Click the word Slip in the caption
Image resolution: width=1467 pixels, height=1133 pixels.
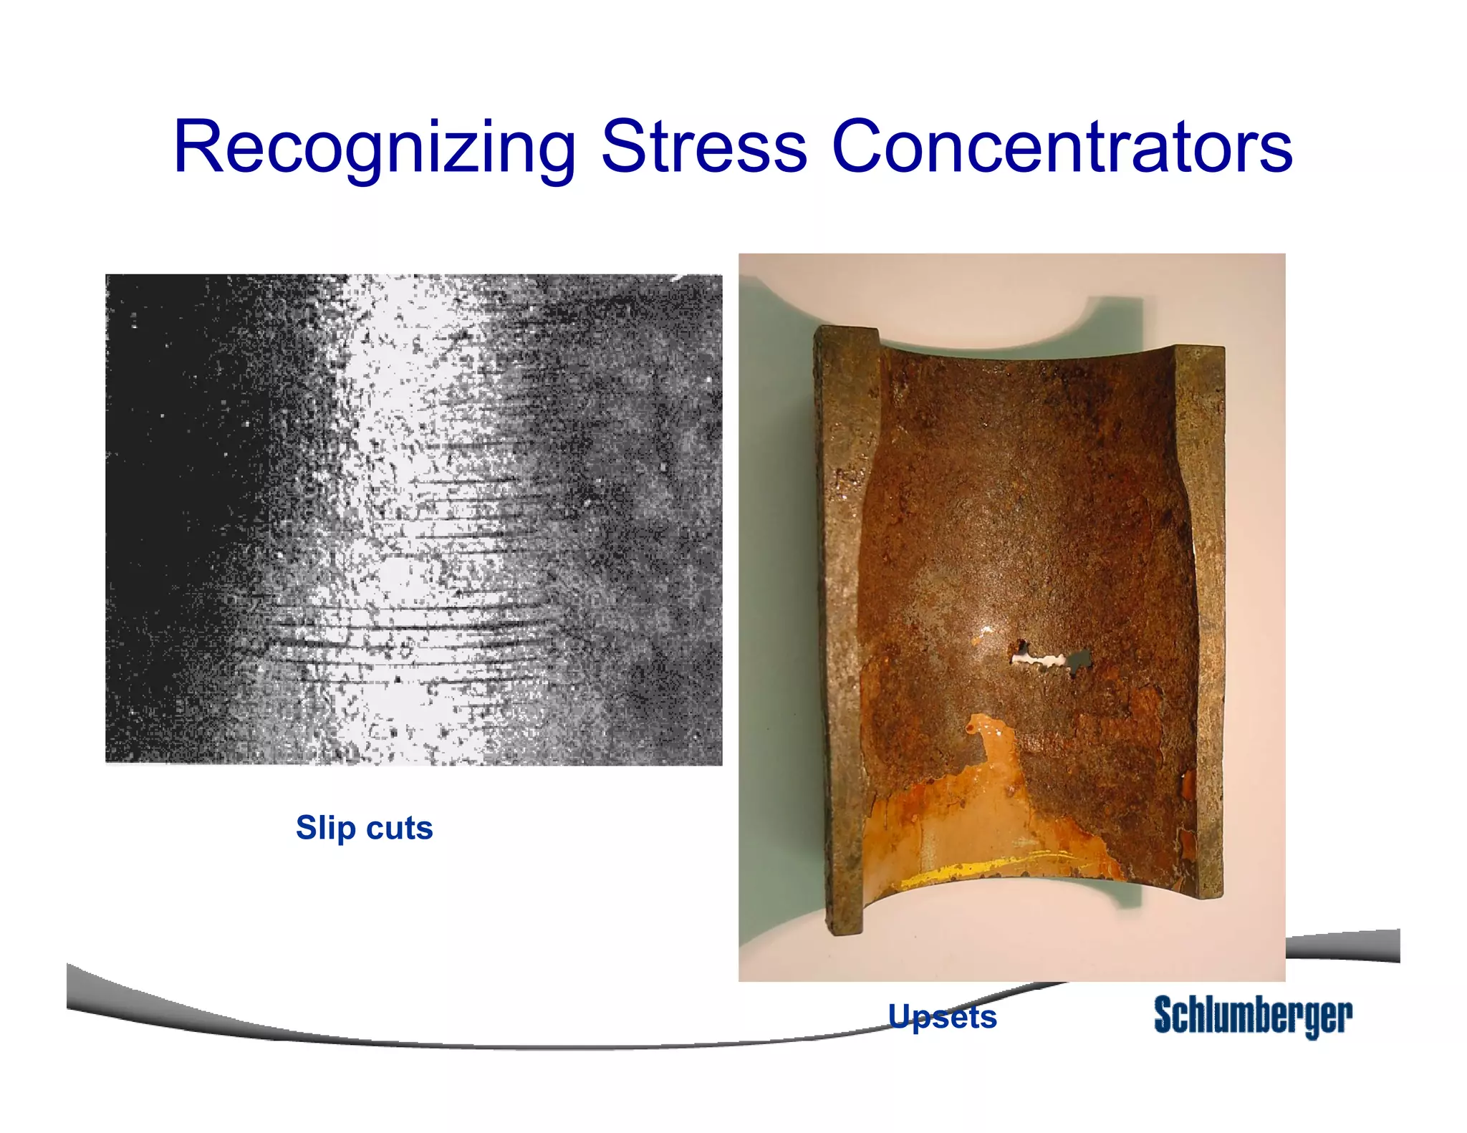325,828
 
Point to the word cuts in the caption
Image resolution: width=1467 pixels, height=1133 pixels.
399,828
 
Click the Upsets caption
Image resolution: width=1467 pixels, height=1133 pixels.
942,1016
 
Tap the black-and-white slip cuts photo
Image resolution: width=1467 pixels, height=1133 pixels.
413,519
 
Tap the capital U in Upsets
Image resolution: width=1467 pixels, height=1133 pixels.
900,1016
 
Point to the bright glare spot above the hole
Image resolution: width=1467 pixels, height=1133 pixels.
986,630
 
